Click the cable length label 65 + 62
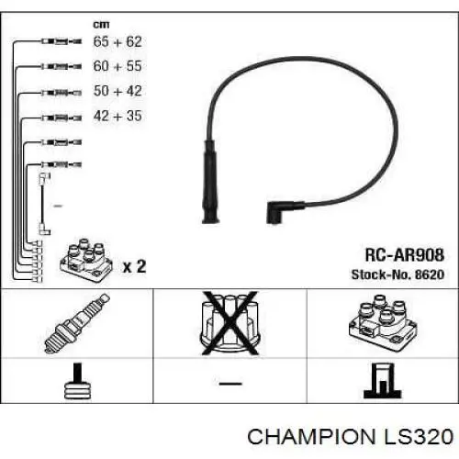[x=118, y=41]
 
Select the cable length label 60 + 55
[x=118, y=66]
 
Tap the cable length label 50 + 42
[x=118, y=91]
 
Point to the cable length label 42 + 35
[x=118, y=116]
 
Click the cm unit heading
[x=101, y=24]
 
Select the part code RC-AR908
[x=404, y=254]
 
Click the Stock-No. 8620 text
[x=397, y=274]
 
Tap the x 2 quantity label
[x=134, y=266]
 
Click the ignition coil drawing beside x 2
[x=86, y=261]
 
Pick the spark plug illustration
[x=77, y=323]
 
